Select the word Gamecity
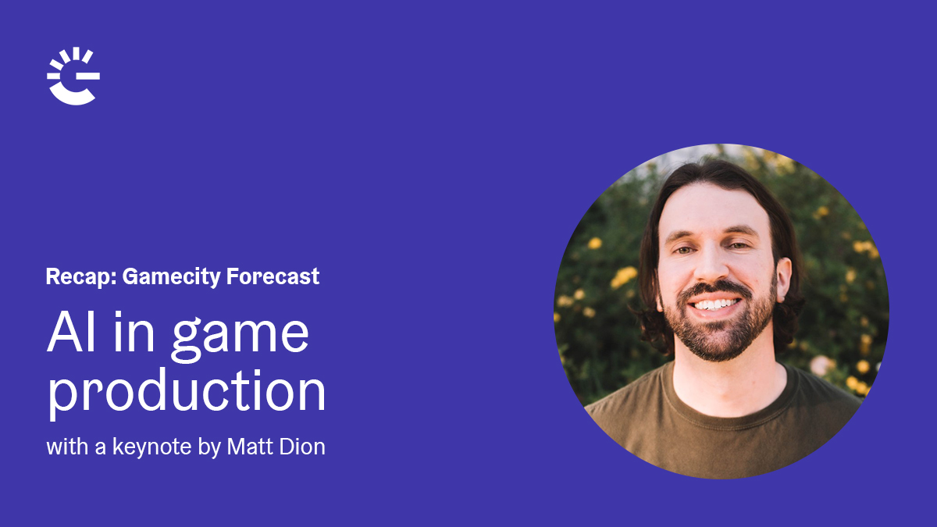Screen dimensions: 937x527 pyautogui.click(x=171, y=277)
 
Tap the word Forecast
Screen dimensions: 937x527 pyautogui.click(x=273, y=276)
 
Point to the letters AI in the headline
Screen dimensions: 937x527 pyautogui.click(x=71, y=332)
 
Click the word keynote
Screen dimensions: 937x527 pyautogui.click(x=151, y=447)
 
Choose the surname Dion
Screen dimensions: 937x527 pyautogui.click(x=302, y=447)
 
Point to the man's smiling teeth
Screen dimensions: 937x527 pyautogui.click(x=716, y=304)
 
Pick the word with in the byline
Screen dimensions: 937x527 pyautogui.click(x=67, y=447)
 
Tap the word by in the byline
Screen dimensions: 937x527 pyautogui.click(x=209, y=447)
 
